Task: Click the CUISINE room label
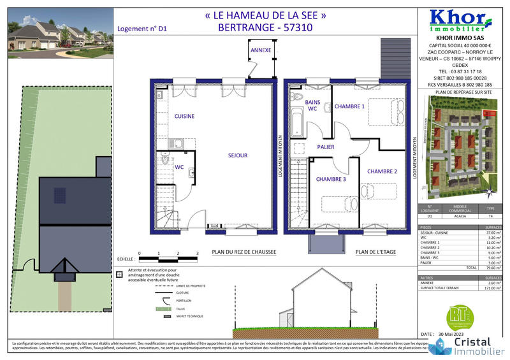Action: pos(184,116)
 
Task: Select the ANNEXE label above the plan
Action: pos(261,50)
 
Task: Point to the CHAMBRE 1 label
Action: pos(349,107)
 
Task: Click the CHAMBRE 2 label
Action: pos(382,171)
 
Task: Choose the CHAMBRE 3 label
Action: pos(331,179)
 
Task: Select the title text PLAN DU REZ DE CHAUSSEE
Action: pos(244,252)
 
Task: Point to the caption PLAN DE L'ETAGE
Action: pos(375,252)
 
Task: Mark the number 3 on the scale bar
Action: pos(197,254)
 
